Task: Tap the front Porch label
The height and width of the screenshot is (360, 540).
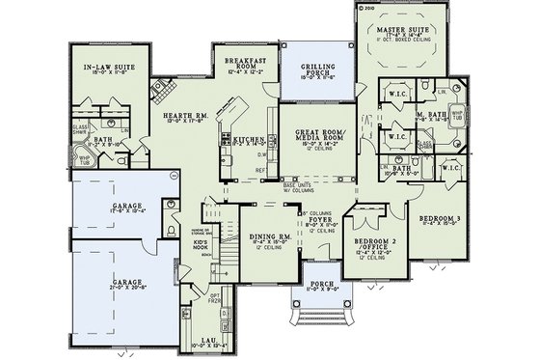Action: (319, 284)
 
